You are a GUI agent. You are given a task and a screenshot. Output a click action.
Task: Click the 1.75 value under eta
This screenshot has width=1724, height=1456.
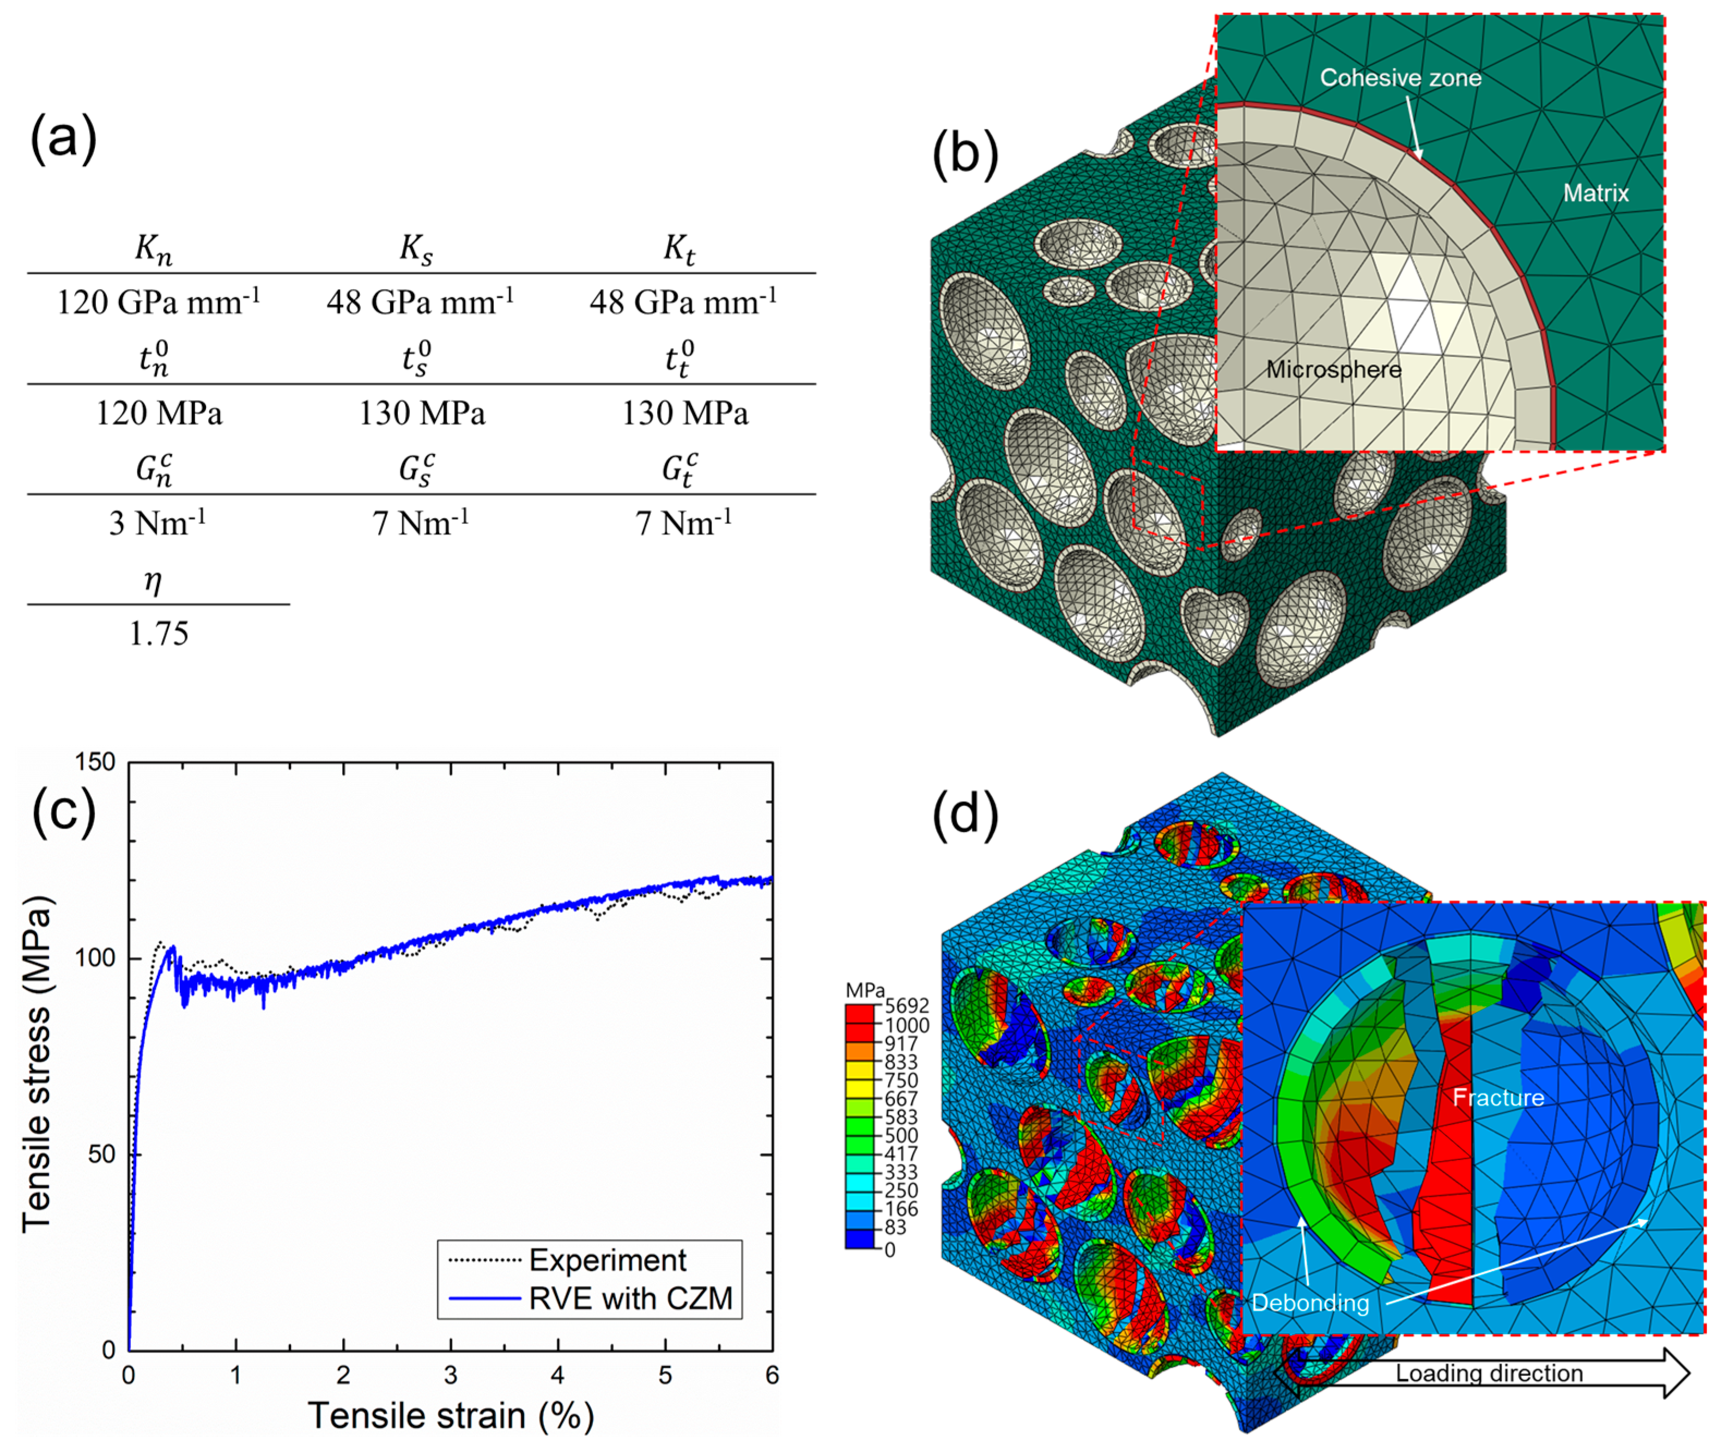click(159, 633)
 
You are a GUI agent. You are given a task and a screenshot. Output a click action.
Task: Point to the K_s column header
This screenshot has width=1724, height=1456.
click(416, 248)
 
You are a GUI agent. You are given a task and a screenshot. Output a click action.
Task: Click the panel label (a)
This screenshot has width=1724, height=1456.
click(64, 137)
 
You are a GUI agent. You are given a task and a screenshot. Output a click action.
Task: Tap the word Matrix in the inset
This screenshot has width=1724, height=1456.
click(1595, 193)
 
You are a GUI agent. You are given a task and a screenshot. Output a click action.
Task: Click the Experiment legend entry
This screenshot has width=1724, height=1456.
click(607, 1260)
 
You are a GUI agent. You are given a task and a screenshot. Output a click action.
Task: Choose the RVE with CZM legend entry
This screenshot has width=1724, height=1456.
click(630, 1299)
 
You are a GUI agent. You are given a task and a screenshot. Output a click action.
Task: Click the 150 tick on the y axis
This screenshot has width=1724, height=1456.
click(95, 762)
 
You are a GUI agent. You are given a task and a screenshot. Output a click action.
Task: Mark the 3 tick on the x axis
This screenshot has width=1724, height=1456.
click(450, 1375)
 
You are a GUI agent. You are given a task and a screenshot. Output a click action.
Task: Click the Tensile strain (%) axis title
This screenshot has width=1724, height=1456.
click(451, 1416)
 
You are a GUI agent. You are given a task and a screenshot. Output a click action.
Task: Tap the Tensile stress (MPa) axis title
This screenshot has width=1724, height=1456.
click(37, 1065)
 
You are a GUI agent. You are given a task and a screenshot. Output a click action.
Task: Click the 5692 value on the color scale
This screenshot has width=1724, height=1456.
click(907, 1006)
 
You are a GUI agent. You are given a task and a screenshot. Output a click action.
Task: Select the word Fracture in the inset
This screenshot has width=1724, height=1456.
click(1498, 1098)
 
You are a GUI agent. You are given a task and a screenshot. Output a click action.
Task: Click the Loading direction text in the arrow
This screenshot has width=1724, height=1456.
click(1489, 1373)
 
